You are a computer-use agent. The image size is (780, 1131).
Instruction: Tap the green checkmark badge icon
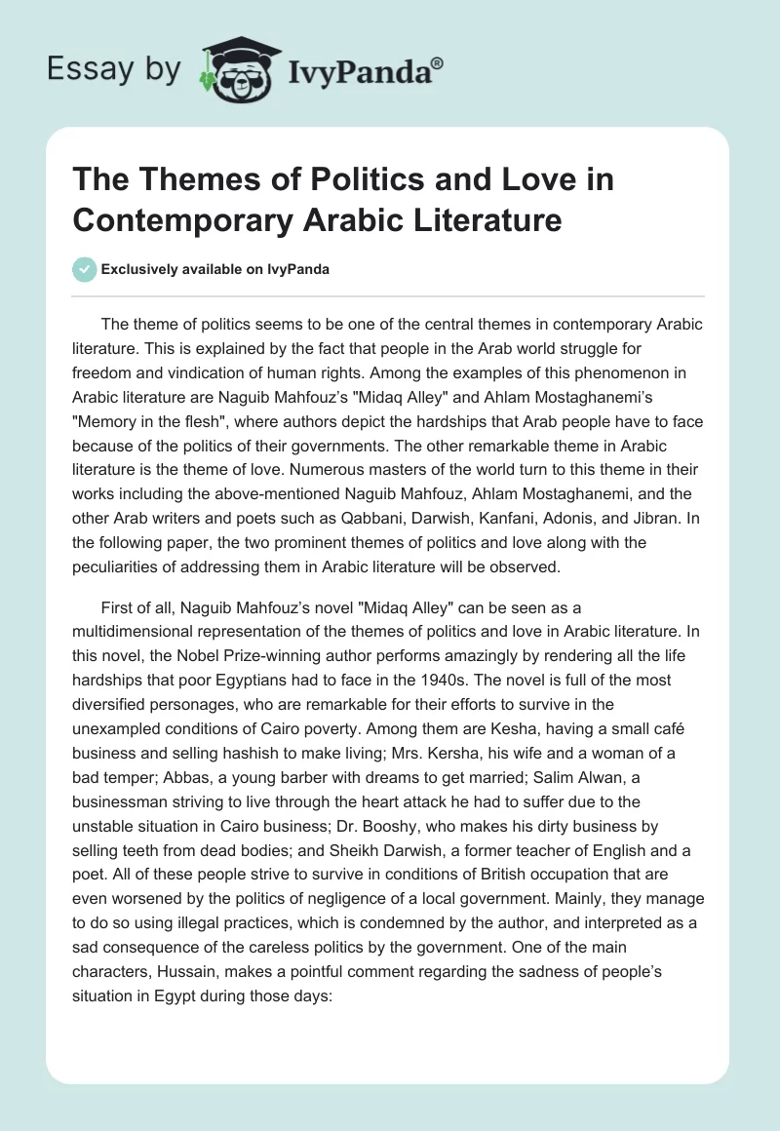(85, 269)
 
